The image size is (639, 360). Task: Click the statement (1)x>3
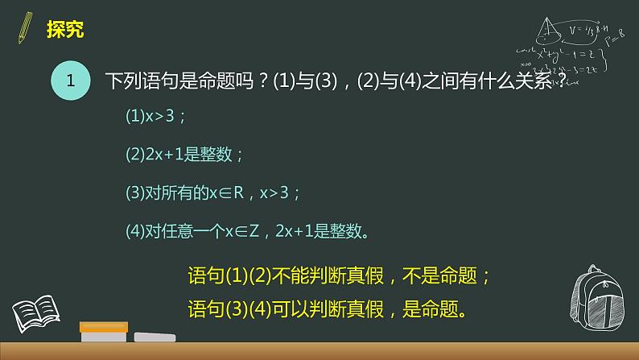(156, 116)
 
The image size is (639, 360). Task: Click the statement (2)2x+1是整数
(184, 155)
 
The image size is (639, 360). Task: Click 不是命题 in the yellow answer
(447, 276)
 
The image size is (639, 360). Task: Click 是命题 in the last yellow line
(435, 308)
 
